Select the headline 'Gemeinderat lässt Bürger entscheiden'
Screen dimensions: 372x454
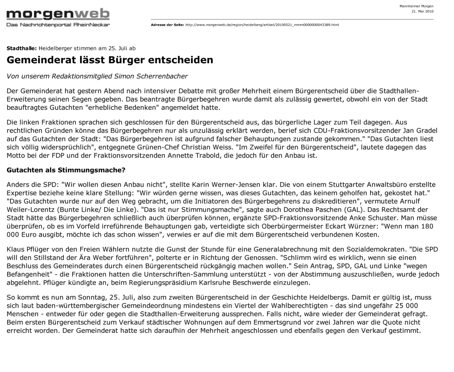(110, 60)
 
